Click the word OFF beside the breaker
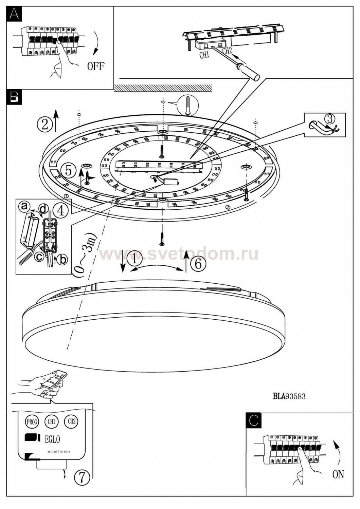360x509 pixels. click(96, 66)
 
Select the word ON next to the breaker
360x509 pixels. click(338, 474)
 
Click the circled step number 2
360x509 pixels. click(45, 124)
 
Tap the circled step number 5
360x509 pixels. click(69, 170)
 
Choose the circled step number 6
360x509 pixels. click(198, 263)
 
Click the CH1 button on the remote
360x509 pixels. click(51, 422)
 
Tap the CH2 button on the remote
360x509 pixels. click(71, 421)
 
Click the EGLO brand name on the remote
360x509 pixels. click(52, 439)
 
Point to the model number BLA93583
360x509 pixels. click(289, 396)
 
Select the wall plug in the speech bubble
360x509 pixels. click(187, 105)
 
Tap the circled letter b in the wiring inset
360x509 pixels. click(62, 260)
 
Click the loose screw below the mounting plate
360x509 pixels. click(162, 239)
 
